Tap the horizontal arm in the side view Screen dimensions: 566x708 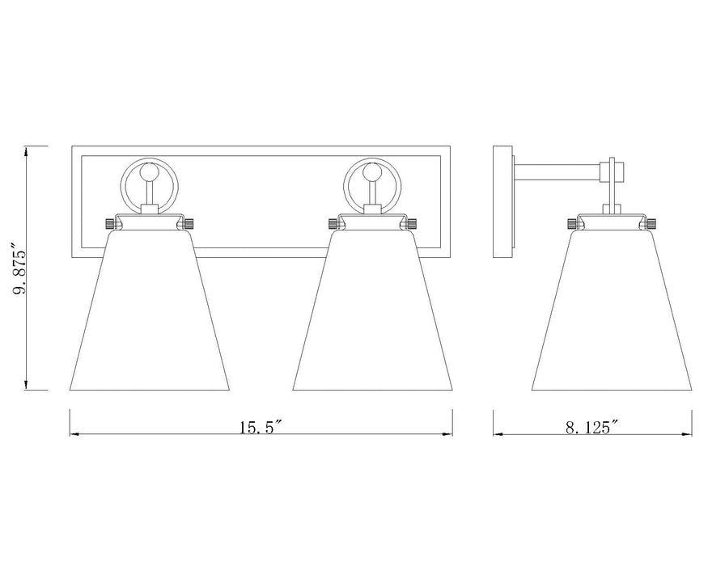(558, 172)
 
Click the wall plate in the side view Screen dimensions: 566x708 (502, 201)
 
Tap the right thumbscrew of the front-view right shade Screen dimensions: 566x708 (412, 222)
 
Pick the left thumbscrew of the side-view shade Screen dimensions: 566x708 (572, 222)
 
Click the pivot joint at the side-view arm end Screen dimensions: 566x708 (613, 171)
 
